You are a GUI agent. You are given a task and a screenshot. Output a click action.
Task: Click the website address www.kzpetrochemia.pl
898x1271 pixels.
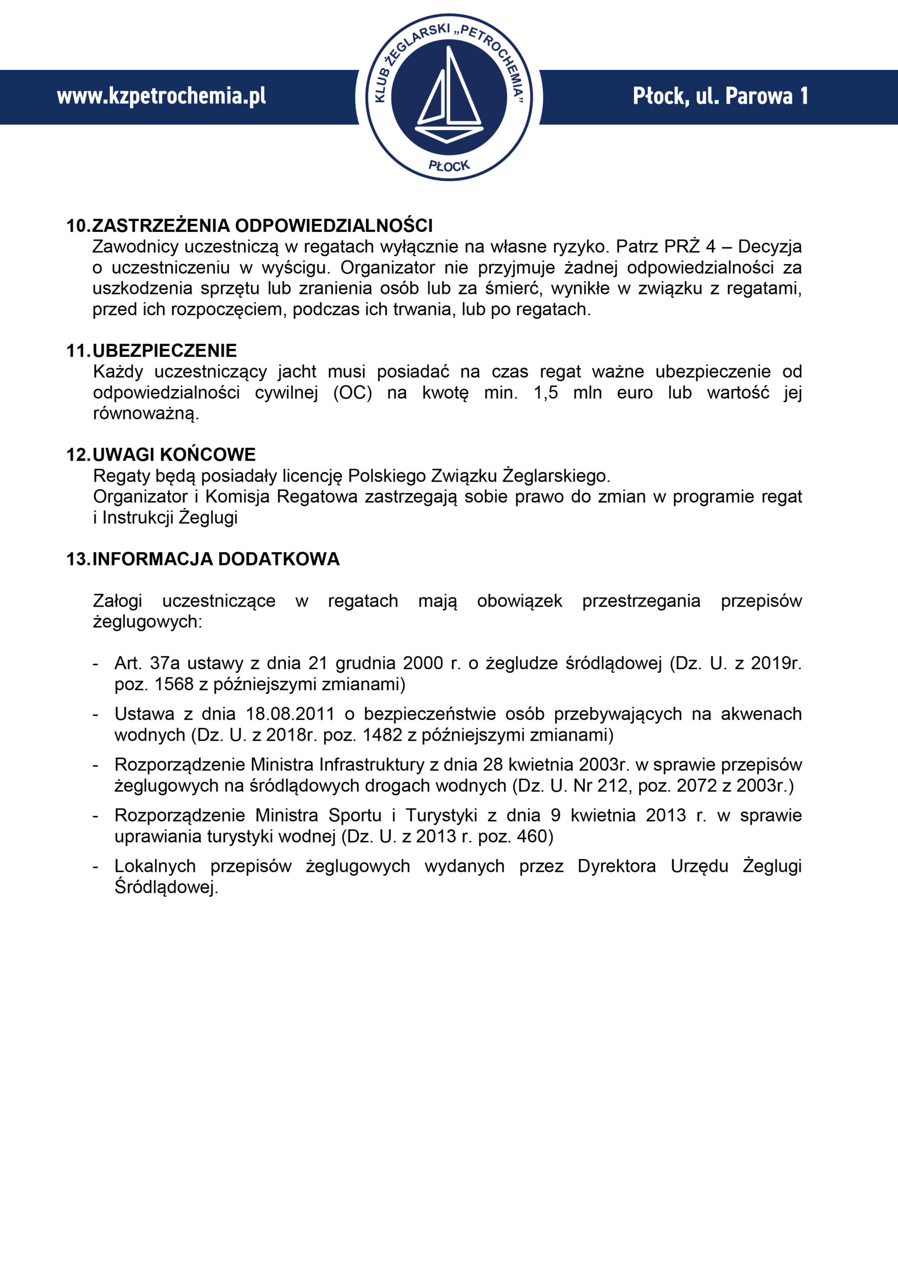tap(161, 96)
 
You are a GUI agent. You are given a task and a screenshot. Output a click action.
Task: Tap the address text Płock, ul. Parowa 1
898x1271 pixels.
tap(720, 96)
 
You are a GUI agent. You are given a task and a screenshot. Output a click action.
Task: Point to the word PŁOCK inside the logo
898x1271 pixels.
tap(449, 165)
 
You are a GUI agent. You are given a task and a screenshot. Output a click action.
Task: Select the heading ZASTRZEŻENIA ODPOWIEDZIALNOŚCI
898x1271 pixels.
tap(262, 226)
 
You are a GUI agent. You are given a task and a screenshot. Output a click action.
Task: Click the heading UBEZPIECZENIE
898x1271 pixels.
tap(165, 351)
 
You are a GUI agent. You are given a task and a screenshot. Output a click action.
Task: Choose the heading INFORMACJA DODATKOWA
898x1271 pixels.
tap(216, 559)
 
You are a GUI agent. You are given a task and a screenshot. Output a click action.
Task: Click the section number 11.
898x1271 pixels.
tap(77, 351)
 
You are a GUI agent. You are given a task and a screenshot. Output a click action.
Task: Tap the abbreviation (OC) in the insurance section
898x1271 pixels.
tap(352, 393)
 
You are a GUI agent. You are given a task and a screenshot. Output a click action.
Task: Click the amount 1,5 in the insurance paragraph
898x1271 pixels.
tap(546, 393)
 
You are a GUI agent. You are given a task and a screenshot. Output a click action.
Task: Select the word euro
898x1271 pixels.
tap(635, 393)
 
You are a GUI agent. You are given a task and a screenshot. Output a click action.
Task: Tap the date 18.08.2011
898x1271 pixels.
tap(290, 714)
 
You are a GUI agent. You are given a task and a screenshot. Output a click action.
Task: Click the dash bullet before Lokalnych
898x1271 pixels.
tap(96, 866)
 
